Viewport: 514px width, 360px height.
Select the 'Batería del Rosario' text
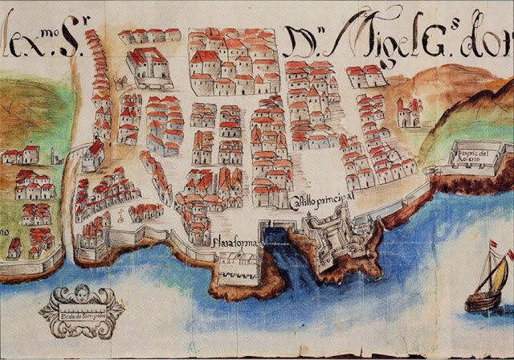[474, 156]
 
